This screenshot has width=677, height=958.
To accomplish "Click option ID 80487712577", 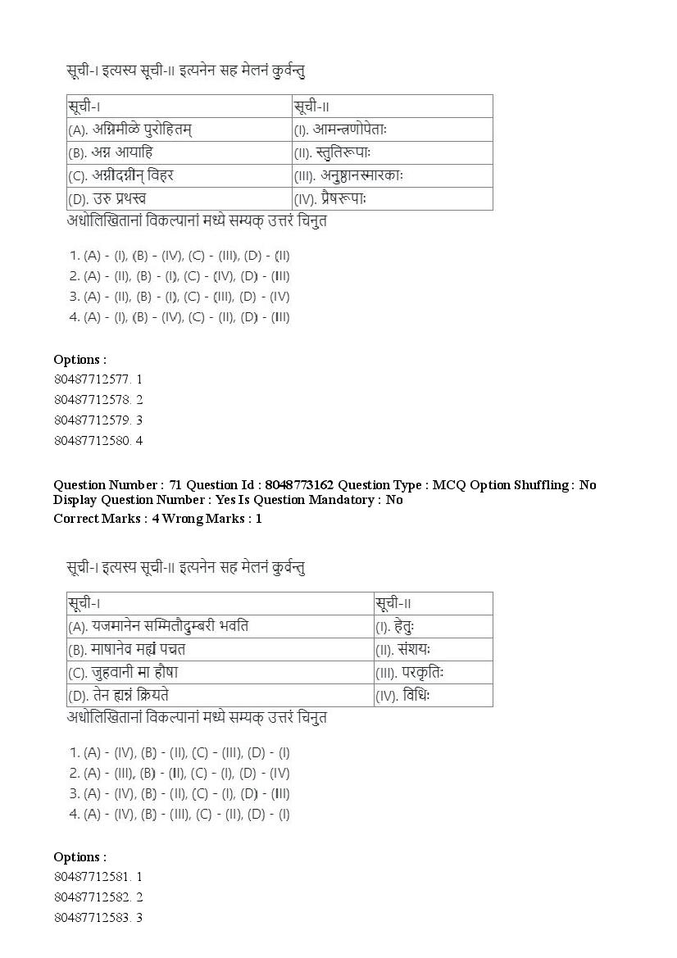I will [x=97, y=379].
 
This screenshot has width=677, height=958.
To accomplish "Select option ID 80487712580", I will [x=97, y=441].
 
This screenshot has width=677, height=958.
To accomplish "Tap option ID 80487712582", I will [x=97, y=897].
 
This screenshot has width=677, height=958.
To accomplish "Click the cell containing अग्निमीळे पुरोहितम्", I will [x=179, y=129].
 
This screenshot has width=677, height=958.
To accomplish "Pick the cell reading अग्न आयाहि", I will [x=179, y=152].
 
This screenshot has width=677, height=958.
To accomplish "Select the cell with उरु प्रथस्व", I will [x=179, y=198].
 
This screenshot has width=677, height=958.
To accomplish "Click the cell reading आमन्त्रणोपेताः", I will [x=391, y=129].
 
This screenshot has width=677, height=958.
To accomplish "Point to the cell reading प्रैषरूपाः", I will [x=391, y=198].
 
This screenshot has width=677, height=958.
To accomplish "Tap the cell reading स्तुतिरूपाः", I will [x=391, y=152].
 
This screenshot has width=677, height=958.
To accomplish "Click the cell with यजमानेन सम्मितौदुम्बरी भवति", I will [x=219, y=627].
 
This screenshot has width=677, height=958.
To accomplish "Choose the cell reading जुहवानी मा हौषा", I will [x=219, y=673].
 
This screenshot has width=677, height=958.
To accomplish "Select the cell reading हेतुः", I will [x=432, y=627].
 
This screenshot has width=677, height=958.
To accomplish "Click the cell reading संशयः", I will [x=432, y=650].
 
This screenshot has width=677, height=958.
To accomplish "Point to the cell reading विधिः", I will [x=432, y=696].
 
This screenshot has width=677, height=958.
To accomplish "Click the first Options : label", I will [x=80, y=360].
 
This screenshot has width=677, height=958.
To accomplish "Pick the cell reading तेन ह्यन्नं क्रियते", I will [x=219, y=696].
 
